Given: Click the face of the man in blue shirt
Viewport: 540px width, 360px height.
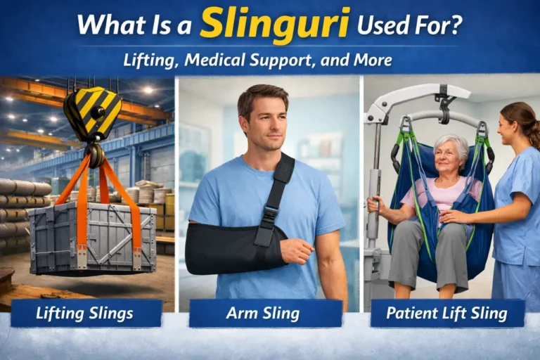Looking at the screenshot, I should click(x=262, y=122).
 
